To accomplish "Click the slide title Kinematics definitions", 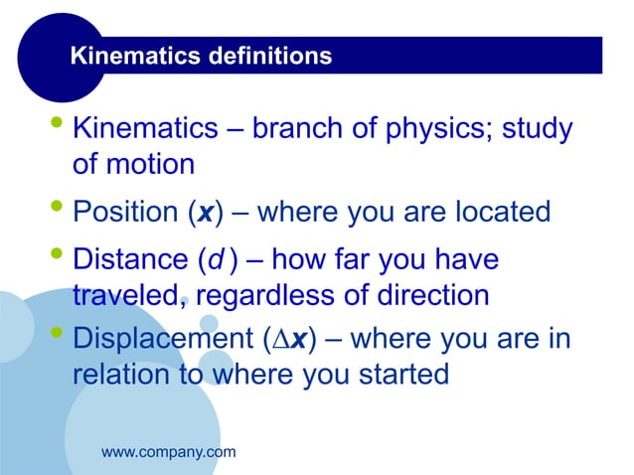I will pyautogui.click(x=201, y=58).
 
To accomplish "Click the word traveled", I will pyautogui.click(x=133, y=295).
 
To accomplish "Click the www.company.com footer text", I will pyautogui.click(x=169, y=452).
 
